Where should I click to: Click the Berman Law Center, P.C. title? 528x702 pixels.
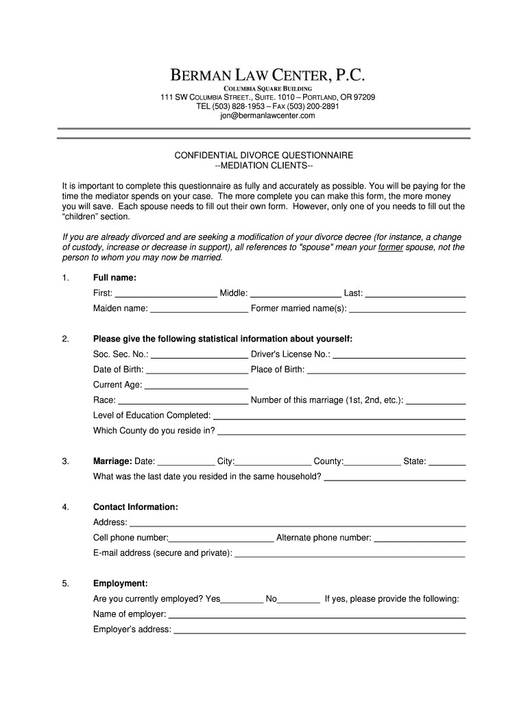click(264, 75)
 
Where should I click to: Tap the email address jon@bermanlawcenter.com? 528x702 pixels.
click(264, 116)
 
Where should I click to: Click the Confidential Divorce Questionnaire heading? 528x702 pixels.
click(264, 156)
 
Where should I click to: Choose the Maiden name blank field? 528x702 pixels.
click(199, 309)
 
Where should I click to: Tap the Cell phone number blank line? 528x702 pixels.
click(221, 538)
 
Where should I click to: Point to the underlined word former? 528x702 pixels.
click(390, 247)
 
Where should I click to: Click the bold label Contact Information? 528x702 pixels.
click(136, 507)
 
